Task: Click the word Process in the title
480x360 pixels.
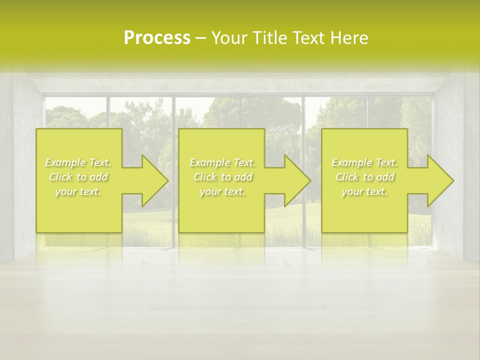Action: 157,38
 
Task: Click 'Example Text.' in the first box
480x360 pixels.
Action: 78,162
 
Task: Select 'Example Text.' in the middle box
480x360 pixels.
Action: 222,162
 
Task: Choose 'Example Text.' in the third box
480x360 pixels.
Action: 364,162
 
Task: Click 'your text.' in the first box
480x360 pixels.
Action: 78,191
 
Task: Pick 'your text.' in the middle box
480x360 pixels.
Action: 222,191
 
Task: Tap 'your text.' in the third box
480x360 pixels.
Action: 364,191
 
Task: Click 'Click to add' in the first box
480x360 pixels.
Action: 78,177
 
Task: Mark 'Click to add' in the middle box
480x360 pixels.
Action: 222,177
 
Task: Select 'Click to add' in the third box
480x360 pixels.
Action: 364,177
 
